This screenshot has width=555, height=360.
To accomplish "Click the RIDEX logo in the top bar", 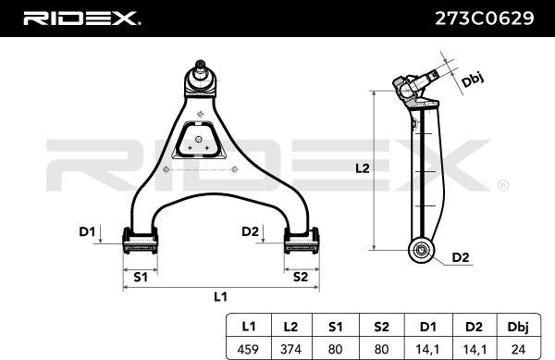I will [x=80, y=17].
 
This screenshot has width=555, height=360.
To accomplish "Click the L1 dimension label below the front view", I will [x=220, y=296].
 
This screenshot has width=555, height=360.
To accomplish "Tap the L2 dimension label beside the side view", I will [x=362, y=168].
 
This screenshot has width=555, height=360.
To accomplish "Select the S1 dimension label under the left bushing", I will [x=141, y=276].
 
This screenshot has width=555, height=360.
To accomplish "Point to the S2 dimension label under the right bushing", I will [x=300, y=276].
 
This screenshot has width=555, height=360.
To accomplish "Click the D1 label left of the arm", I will [x=86, y=231].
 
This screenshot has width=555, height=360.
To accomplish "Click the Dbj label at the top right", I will [x=472, y=80].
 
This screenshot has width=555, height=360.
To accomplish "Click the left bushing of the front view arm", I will [x=140, y=244].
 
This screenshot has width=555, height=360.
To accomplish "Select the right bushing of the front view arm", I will [x=300, y=244].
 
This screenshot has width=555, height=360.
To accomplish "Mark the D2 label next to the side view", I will [x=460, y=256].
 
